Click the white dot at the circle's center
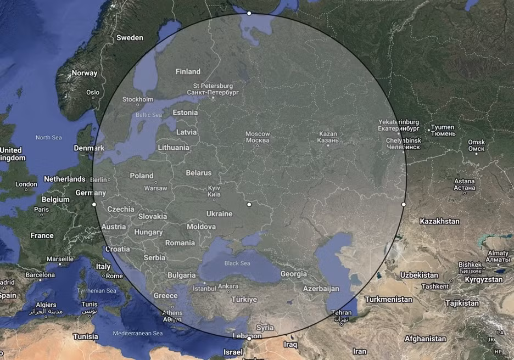249,204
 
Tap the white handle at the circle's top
249,13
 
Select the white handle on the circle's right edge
404,204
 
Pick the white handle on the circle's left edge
94,204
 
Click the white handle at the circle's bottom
249,339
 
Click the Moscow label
258,137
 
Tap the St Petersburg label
213,89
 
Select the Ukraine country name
219,213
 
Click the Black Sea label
237,263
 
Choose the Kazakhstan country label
439,221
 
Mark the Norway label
84,73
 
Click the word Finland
188,71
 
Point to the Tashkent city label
435,286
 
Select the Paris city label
41,209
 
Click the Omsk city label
476,145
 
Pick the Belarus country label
198,173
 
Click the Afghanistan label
425,339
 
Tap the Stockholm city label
138,99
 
